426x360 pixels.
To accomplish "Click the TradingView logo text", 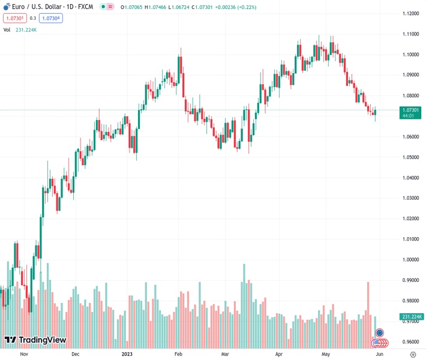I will [42, 340].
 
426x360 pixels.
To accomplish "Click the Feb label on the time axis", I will [178, 354].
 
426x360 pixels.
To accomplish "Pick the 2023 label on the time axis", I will [127, 354].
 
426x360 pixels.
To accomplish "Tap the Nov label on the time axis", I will [24, 354].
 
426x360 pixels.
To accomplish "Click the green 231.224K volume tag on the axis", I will [411, 317].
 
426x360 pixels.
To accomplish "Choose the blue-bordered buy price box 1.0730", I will [51, 18].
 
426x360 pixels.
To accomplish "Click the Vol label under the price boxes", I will [7, 29].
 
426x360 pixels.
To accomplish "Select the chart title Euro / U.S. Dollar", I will [36, 7].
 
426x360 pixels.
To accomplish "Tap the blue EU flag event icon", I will [379, 332].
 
